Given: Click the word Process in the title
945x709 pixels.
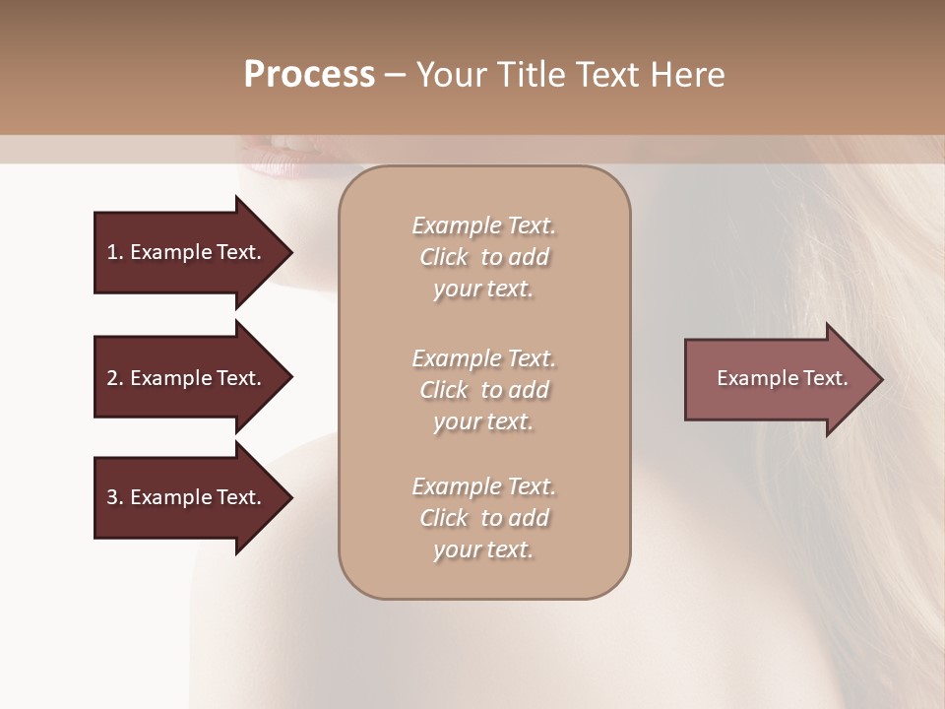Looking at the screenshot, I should click(x=309, y=75).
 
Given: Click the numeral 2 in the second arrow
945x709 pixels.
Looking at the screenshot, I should click(x=111, y=378).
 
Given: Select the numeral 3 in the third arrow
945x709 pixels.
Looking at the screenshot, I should click(x=111, y=497).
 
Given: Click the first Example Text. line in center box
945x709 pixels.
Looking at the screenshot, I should click(x=483, y=226).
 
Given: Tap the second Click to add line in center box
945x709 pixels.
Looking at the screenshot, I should click(x=483, y=390).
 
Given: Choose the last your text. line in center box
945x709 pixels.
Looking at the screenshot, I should click(x=483, y=549).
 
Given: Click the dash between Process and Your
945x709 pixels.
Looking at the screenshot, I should click(x=395, y=76).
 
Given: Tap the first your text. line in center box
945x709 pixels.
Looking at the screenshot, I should click(x=483, y=289).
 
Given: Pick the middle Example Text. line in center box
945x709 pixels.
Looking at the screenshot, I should click(x=483, y=357).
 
